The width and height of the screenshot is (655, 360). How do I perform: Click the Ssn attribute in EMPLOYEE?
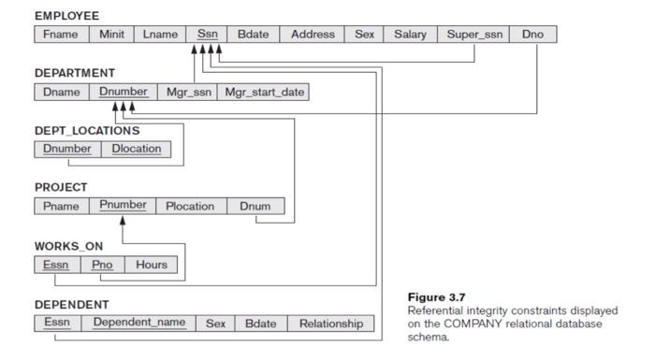(207, 35)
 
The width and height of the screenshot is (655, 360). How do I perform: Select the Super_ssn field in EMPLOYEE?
(473, 35)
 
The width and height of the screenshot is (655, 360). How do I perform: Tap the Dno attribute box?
(532, 35)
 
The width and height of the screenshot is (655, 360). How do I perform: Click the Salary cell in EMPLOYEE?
(410, 35)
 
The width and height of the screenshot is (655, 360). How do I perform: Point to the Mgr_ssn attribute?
(189, 92)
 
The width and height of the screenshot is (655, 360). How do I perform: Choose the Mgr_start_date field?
(264, 92)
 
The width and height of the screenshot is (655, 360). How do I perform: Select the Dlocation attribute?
(137, 149)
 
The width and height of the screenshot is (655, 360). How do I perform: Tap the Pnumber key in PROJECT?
(123, 206)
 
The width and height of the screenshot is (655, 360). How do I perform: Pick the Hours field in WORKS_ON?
(151, 265)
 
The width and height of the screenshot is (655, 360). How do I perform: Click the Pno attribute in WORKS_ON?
(102, 265)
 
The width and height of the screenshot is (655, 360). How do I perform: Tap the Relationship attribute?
(330, 324)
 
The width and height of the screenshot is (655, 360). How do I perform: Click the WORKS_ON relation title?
(69, 246)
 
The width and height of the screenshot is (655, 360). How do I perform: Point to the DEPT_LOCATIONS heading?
(87, 131)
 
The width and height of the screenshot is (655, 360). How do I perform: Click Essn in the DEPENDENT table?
(55, 324)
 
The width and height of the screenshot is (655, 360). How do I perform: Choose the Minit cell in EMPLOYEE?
(110, 35)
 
